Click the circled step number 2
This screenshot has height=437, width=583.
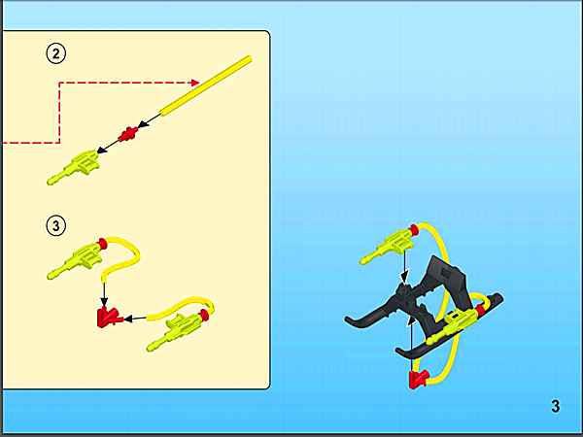(x=55, y=53)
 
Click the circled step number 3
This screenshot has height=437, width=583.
(x=55, y=225)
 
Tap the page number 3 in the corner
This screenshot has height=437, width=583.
(x=555, y=406)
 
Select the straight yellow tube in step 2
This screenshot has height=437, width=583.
(x=206, y=84)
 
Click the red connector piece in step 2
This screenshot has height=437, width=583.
(x=128, y=134)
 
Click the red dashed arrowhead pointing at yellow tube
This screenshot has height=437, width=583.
(x=195, y=83)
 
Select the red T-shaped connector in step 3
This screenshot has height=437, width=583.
(x=109, y=318)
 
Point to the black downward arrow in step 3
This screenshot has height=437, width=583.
(x=105, y=294)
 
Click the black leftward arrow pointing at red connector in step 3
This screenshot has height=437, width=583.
(x=135, y=319)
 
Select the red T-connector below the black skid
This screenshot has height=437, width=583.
(x=419, y=379)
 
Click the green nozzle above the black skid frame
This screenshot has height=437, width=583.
(x=387, y=246)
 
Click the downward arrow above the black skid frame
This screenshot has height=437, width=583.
(x=405, y=267)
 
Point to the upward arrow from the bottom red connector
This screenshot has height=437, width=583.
(x=411, y=344)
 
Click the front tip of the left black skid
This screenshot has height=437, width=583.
(x=346, y=319)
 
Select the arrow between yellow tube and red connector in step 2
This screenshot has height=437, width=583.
(x=150, y=120)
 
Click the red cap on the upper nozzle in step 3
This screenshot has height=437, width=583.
(x=103, y=244)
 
